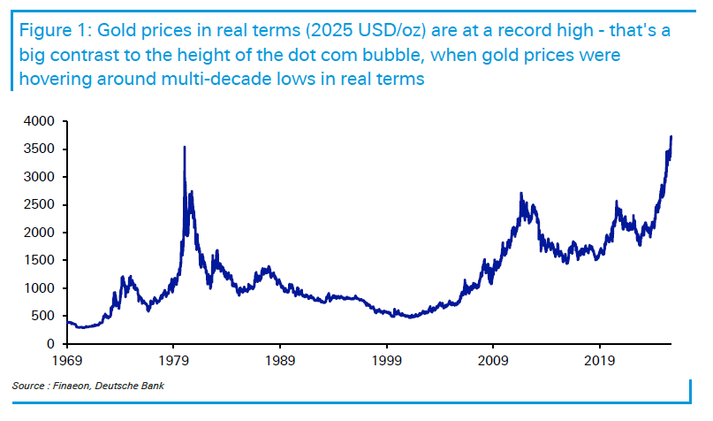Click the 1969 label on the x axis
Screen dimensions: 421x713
(67, 361)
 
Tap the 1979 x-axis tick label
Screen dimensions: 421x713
(173, 361)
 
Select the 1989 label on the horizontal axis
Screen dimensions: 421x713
(280, 361)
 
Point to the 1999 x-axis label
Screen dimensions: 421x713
(387, 361)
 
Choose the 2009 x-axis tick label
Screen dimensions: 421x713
(493, 361)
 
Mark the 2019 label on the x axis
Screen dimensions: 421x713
(600, 361)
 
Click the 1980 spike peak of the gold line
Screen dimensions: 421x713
(184, 148)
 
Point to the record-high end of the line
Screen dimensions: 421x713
(671, 137)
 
